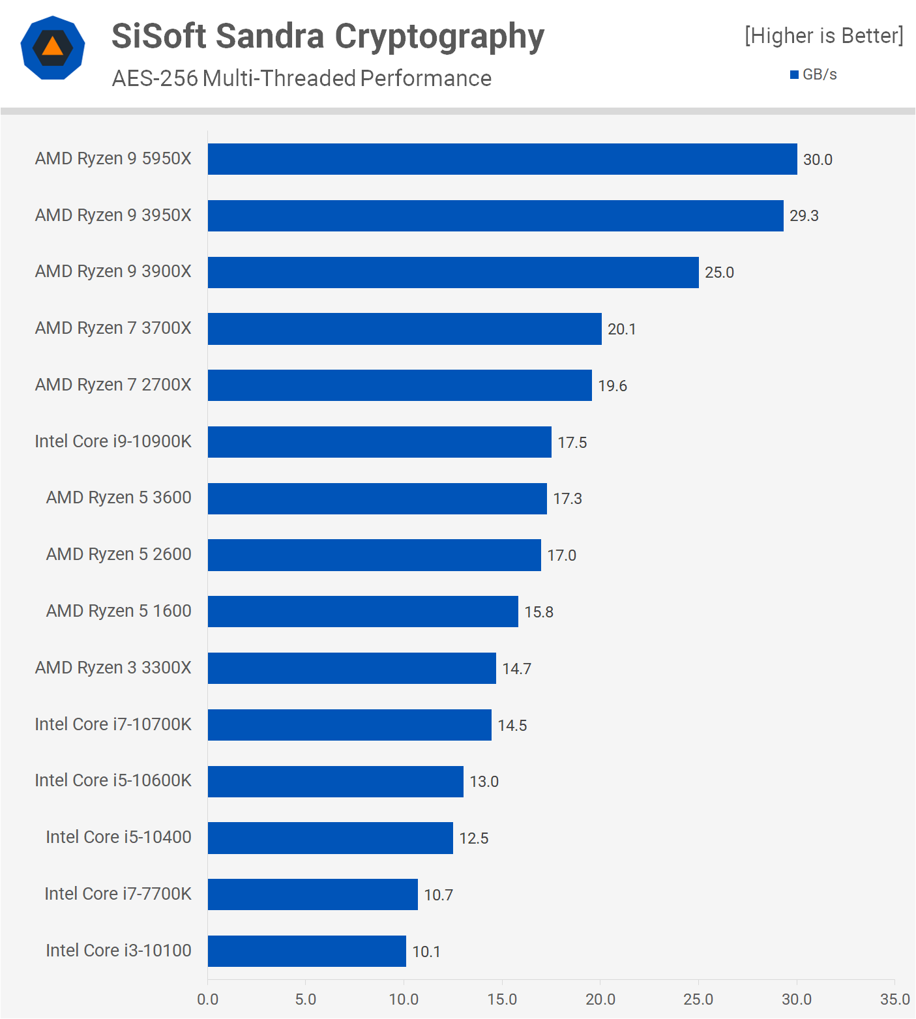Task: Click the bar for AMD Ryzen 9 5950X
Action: coord(502,159)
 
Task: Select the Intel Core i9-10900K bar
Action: coord(379,442)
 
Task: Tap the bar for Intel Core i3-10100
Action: coord(306,951)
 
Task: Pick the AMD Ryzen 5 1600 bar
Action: coord(362,612)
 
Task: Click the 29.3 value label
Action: coord(804,216)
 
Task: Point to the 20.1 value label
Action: coord(621,329)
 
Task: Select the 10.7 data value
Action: coord(438,895)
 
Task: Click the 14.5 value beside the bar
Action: coord(512,726)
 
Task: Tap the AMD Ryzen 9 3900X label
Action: coord(113,271)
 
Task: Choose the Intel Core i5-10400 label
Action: coord(118,837)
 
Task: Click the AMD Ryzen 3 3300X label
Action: coord(113,668)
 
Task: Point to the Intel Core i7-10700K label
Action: coord(113,724)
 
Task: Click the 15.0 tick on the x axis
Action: coord(502,999)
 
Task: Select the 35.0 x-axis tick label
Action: coord(894,999)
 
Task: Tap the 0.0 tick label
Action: coord(207,999)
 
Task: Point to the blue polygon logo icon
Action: coord(53,48)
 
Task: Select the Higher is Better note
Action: coord(823,35)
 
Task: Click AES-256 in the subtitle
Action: coord(155,78)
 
